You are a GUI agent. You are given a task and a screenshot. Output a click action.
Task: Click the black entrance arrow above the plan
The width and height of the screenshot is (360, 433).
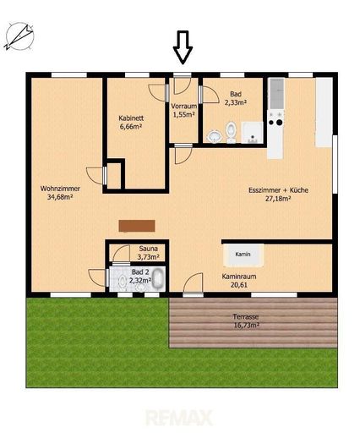point(183,47)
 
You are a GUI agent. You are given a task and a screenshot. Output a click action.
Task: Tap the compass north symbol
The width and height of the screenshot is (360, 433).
point(19,37)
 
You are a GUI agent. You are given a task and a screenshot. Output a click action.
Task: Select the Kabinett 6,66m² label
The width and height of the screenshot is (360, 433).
point(131,123)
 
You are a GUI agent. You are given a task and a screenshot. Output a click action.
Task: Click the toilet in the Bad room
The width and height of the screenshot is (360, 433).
point(232,132)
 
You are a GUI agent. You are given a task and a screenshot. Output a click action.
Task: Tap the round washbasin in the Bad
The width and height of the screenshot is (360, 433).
point(215,136)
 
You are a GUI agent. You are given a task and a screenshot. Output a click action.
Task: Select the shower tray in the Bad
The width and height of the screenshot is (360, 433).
point(253,132)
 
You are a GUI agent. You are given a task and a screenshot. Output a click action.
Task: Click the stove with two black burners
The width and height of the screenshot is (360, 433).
point(275,118)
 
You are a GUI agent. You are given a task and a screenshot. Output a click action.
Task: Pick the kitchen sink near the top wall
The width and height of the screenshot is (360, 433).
point(277,93)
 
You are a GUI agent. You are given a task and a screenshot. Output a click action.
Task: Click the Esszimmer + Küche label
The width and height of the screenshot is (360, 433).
point(278,195)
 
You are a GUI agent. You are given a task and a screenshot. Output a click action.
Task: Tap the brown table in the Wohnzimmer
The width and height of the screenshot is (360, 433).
point(137,226)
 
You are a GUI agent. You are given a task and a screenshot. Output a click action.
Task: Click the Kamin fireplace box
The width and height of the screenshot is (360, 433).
point(243,255)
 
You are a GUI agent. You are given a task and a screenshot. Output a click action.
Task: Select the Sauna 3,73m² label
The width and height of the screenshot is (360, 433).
point(148,253)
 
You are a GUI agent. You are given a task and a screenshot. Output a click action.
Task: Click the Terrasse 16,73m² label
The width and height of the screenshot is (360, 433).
point(246,321)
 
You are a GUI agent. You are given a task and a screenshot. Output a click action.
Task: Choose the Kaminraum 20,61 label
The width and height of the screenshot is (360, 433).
point(239,281)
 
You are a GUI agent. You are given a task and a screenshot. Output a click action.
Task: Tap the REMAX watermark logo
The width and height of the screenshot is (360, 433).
point(179,418)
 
